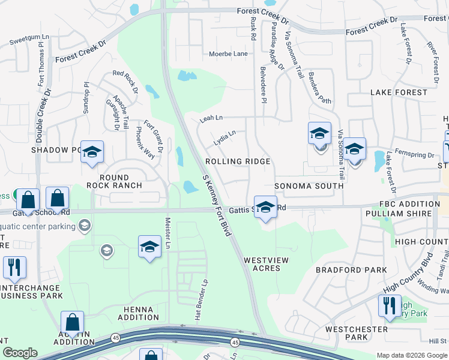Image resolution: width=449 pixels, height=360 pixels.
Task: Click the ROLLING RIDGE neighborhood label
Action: click(x=238, y=162)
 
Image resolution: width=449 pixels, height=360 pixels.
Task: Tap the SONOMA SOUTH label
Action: click(x=309, y=186)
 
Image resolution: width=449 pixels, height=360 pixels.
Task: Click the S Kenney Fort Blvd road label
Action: click(x=217, y=205)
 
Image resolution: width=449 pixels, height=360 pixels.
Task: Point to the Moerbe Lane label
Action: click(x=228, y=54)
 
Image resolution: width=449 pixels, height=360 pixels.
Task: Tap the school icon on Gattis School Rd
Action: click(x=265, y=207)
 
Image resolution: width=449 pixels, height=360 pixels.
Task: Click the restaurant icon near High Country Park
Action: click(x=390, y=305)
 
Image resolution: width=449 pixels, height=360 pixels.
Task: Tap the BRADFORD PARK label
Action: click(x=351, y=270)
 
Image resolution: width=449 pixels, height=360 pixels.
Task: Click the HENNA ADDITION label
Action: click(x=139, y=313)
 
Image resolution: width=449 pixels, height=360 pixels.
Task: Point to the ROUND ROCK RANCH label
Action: click(x=114, y=181)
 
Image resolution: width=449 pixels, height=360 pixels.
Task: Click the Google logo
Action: click(x=20, y=353)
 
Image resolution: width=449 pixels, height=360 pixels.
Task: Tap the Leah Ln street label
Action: click(x=211, y=119)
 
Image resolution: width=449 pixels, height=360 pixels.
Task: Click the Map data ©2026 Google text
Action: click(x=411, y=355)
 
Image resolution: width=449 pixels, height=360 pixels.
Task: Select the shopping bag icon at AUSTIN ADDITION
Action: click(x=72, y=323)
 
